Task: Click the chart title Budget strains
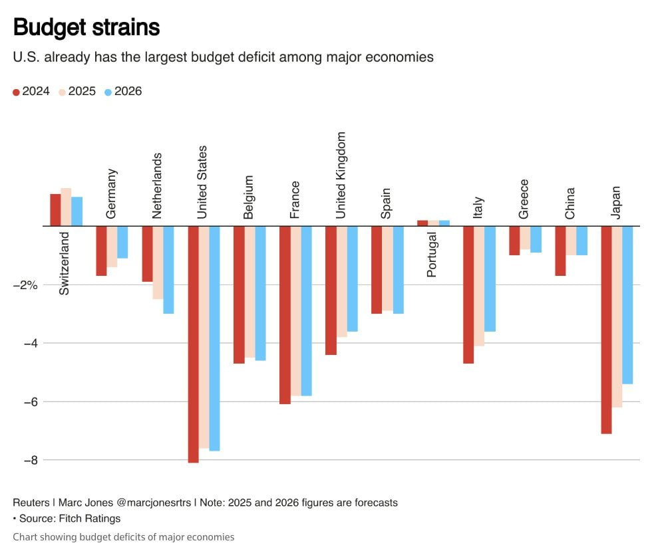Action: pyautogui.click(x=86, y=27)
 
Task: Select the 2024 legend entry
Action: pyautogui.click(x=31, y=91)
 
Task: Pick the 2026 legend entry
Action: pyautogui.click(x=123, y=91)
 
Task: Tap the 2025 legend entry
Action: pyautogui.click(x=77, y=91)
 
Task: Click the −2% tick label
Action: pyautogui.click(x=27, y=284)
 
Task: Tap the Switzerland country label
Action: pyautogui.click(x=64, y=263)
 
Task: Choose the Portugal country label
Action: pyautogui.click(x=432, y=254)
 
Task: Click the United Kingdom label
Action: pyautogui.click(x=341, y=175)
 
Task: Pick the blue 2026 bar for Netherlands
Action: pyautogui.click(x=169, y=269)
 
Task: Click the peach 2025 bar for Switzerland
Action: pyautogui.click(x=66, y=207)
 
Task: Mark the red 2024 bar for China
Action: pyautogui.click(x=560, y=251)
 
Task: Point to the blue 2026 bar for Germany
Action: pyautogui.click(x=122, y=242)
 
